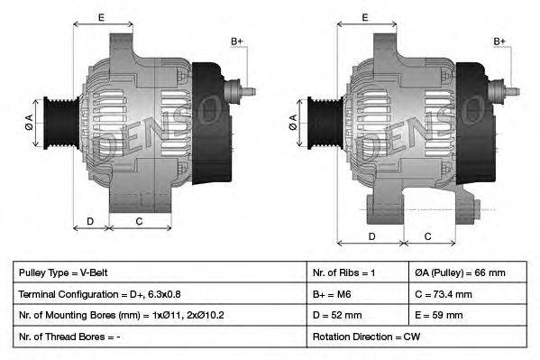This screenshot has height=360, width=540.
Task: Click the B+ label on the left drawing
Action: coord(237,42)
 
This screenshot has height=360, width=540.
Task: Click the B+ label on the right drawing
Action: coord(500,42)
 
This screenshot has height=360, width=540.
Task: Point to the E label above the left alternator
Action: coord(101,17)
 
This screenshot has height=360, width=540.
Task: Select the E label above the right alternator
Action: coord(365,17)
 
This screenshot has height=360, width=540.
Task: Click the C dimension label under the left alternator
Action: coord(139,221)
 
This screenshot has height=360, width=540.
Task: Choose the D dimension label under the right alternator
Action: coord(371,235)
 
